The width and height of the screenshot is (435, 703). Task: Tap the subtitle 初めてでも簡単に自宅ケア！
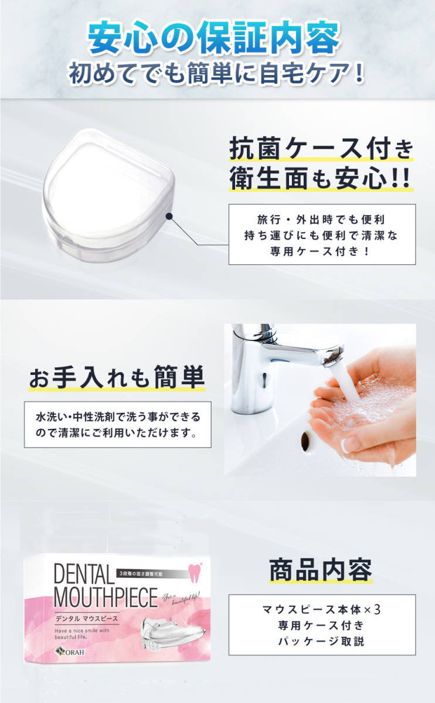coord(217,74)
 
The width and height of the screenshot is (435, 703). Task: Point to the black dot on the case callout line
coord(169,216)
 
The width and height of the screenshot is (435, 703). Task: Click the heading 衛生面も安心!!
coord(321,179)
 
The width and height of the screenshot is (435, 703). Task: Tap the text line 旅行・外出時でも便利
coord(321,219)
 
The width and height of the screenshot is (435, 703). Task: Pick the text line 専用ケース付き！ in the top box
coord(321,251)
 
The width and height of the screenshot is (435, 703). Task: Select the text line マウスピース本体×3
coord(321,609)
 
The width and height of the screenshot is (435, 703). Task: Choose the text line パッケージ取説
coord(321,641)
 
